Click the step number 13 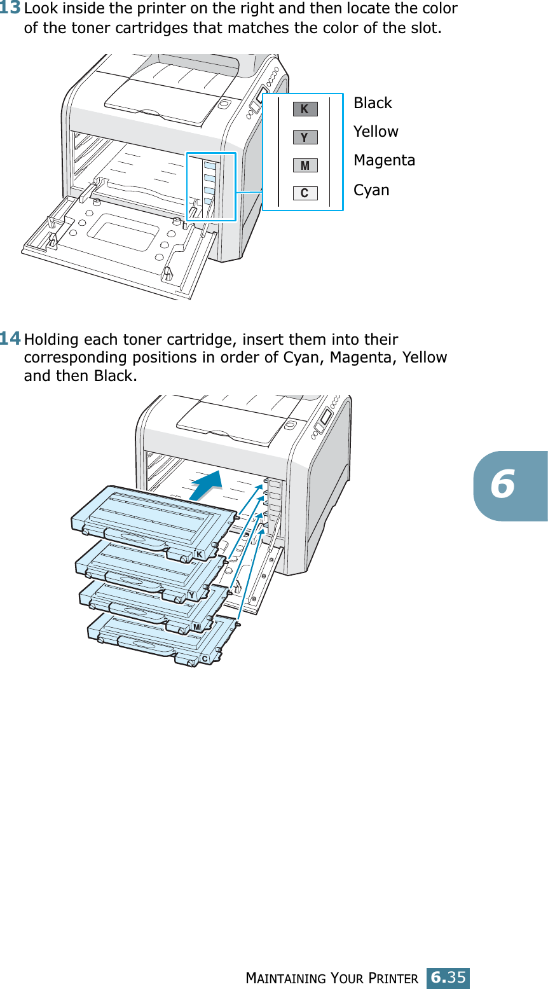point(11,9)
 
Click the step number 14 point(11,338)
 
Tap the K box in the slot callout point(305,109)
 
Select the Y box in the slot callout point(305,137)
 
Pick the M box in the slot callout point(305,165)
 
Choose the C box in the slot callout point(305,193)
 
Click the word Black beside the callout point(373,103)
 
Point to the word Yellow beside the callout point(376,132)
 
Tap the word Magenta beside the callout point(384,160)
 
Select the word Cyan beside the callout point(371,190)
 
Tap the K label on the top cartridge point(200,555)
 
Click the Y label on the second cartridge point(191,595)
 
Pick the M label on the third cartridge point(196,627)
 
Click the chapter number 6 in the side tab point(503,485)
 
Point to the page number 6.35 point(448,976)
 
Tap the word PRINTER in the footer point(395,978)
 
